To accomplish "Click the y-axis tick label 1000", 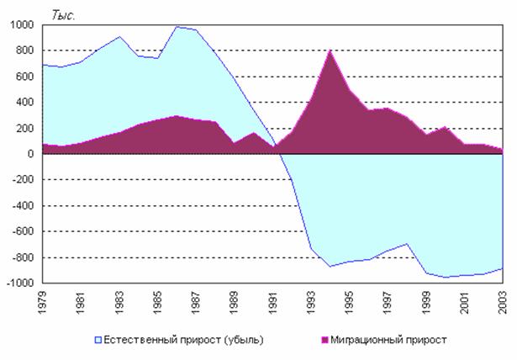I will [x=21, y=25].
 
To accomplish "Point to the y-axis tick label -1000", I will [x=19, y=283].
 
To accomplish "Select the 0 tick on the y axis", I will [x=29, y=155].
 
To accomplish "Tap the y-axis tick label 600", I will [x=24, y=77].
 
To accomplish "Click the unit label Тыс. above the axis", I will [x=63, y=15].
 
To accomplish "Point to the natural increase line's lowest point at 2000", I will [x=447, y=277].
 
